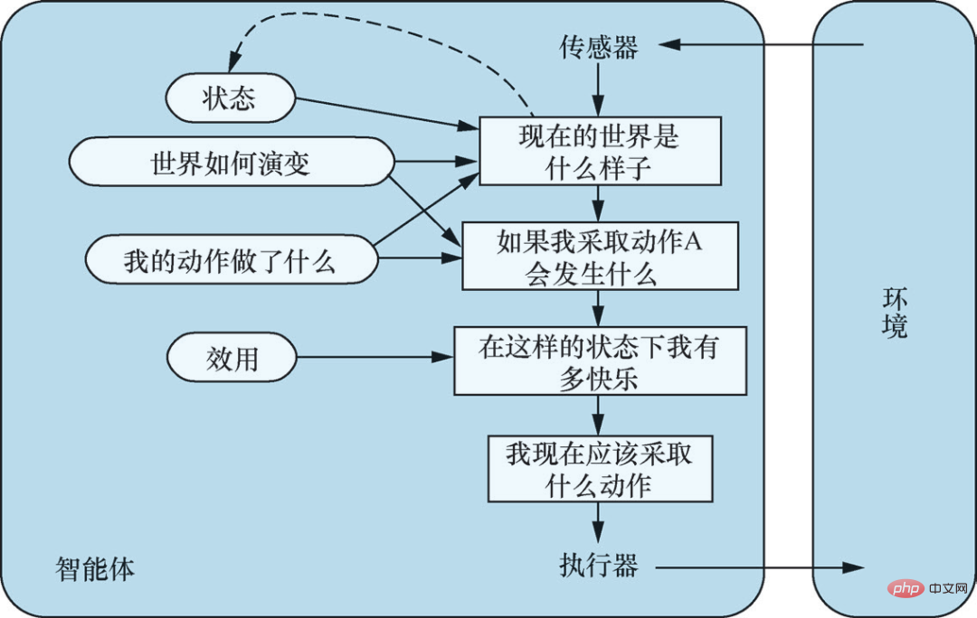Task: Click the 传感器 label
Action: click(x=598, y=48)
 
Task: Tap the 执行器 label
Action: click(x=598, y=566)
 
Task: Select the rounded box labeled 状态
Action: click(x=230, y=98)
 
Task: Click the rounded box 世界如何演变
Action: click(x=231, y=164)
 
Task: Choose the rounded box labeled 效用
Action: click(x=232, y=359)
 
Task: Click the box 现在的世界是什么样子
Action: click(x=599, y=152)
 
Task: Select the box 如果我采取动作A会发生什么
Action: click(x=599, y=256)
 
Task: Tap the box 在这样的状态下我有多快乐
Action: click(x=599, y=361)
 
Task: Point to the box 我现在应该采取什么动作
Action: click(x=599, y=468)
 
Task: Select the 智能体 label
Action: click(x=95, y=569)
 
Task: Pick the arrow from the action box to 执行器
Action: click(x=598, y=522)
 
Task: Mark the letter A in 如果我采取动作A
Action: click(x=693, y=241)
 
